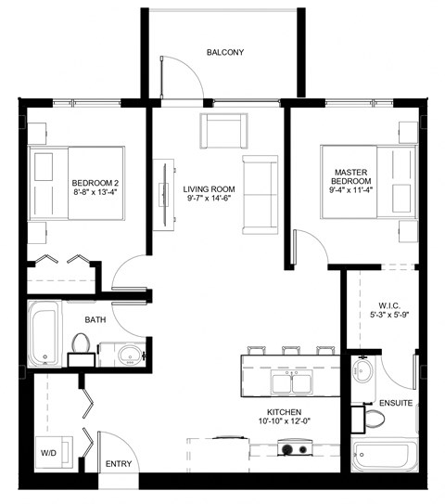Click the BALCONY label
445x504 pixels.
225,53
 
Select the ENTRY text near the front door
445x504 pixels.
119,463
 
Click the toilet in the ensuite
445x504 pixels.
374,419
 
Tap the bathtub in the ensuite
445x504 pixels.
388,458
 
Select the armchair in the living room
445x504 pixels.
223,131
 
